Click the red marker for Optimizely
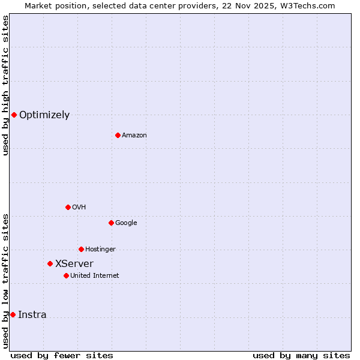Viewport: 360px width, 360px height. [14, 115]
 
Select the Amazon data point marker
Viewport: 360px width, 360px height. [118, 135]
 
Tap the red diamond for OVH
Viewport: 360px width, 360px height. [68, 207]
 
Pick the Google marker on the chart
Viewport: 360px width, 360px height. [111, 223]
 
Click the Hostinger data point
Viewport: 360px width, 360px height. [81, 249]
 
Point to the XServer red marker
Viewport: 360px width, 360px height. [50, 263]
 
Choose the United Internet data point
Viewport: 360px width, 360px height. [66, 275]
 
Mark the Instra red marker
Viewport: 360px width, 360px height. [13, 314]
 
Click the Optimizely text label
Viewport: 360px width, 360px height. [44, 115]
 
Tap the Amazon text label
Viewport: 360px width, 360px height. [134, 136]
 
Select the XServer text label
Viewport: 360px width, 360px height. [74, 264]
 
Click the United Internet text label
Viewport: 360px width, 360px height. [95, 276]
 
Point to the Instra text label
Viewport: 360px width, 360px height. [32, 315]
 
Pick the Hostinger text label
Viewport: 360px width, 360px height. [100, 250]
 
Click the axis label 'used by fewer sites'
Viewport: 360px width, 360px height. [62, 356]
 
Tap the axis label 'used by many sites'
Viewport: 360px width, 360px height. [301, 356]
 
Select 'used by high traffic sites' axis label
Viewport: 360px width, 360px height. [5, 85]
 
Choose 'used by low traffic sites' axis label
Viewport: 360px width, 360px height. [5, 281]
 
